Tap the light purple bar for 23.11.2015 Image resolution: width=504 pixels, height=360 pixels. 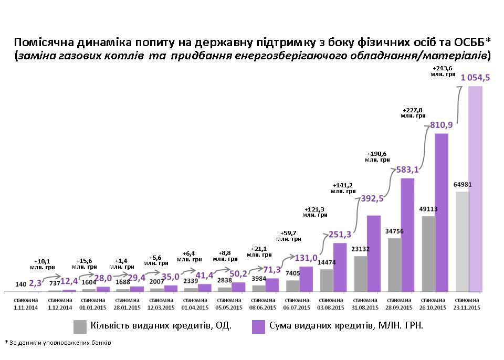[x=476, y=189]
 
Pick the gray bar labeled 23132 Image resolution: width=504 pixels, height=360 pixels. [x=360, y=273]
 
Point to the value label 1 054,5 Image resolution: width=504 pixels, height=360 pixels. [x=475, y=78]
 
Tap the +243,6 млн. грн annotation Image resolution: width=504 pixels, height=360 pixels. [x=443, y=71]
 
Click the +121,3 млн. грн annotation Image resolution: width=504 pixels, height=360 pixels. [x=315, y=211]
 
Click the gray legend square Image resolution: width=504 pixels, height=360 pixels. [x=80, y=326]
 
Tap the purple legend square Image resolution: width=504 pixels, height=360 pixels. [x=258, y=326]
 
